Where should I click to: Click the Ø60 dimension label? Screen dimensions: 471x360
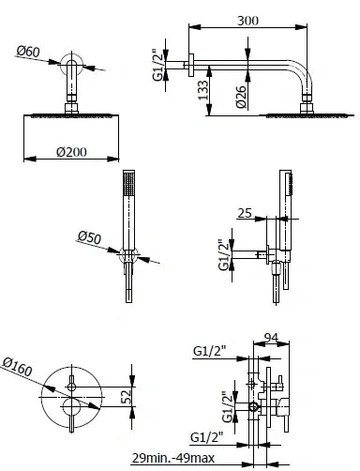[x=28, y=52]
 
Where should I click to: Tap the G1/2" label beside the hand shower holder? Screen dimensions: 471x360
[x=225, y=254]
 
